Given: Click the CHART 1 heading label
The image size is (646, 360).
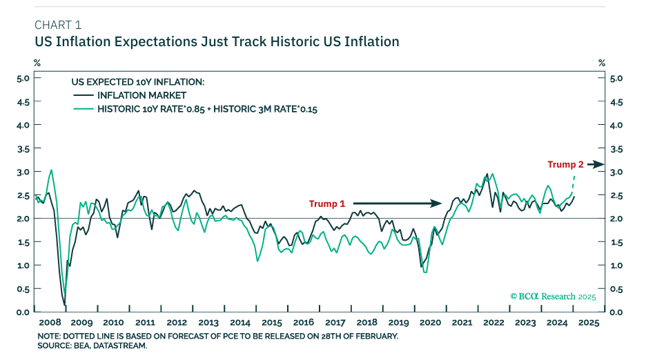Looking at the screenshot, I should (x=57, y=26).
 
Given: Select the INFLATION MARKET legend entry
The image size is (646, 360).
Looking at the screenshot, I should (x=141, y=95).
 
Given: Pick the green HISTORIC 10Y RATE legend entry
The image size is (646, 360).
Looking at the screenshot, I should (x=206, y=109).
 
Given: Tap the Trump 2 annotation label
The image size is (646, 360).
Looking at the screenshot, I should (x=566, y=164).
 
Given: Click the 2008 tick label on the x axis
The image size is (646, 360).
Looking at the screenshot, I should (x=50, y=322).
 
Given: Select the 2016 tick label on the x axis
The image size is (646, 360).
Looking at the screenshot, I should (x=304, y=322).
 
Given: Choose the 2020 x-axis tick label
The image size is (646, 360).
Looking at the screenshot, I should (x=430, y=322).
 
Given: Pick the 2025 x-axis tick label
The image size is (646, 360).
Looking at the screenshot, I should (x=589, y=322).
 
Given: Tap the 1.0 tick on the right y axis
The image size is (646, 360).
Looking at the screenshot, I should (x=616, y=266).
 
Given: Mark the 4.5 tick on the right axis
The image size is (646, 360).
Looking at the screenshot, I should (x=616, y=102).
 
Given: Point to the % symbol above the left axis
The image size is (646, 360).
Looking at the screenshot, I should (x=37, y=63).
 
